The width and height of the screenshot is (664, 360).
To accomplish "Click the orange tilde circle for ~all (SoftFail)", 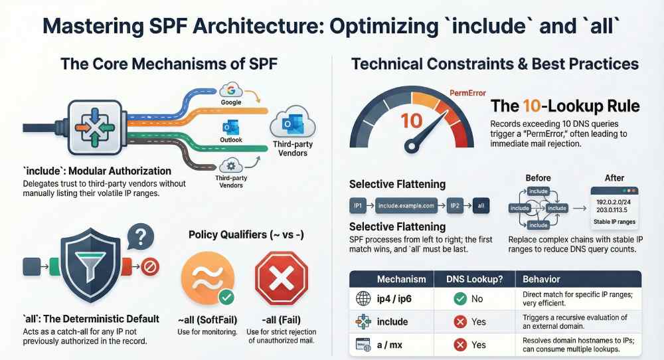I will tap(205, 278).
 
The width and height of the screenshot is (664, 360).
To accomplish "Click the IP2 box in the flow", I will tap(455, 207).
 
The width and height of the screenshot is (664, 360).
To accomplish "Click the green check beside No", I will tap(458, 299).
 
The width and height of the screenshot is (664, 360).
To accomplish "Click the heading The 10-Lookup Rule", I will tap(564, 106).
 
